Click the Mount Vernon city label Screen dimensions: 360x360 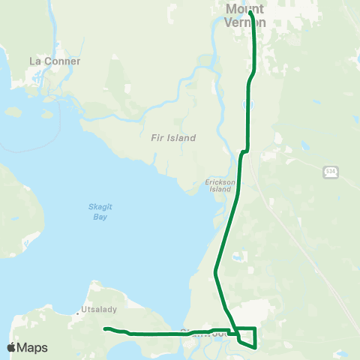244,16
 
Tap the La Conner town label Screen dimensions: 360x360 54,61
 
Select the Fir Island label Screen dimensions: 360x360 172,138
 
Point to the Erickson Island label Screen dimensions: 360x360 220,186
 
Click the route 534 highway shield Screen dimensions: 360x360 331,172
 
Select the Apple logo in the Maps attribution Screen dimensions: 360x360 11,348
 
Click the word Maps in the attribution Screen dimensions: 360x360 32,348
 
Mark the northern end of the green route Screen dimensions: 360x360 250,12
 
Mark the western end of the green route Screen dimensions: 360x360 105,328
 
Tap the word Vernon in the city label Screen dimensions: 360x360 244,22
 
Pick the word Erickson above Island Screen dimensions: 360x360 220,182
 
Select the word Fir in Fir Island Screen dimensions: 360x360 155,138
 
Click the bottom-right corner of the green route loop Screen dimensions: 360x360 256,347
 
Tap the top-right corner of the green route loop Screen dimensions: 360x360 256,328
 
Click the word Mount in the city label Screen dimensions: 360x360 244,9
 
